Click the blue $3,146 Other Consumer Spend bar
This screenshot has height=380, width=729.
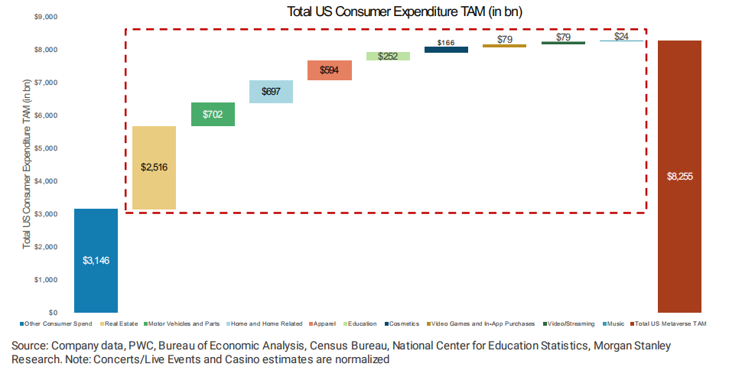(96, 260)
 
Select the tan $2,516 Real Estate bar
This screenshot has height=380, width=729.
(154, 167)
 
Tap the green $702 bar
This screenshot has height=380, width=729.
(213, 114)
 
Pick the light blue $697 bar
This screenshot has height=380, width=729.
(271, 92)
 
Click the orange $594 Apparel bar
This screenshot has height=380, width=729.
(329, 70)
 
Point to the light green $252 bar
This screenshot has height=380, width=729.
(387, 56)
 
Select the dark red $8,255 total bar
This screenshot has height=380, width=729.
(679, 176)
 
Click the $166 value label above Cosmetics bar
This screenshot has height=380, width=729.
(446, 42)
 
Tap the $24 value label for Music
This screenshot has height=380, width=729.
(621, 36)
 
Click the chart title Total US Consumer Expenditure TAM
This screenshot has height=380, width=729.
(405, 11)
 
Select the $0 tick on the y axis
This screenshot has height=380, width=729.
(53, 313)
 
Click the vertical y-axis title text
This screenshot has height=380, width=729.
(27, 164)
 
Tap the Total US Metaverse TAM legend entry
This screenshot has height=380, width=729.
(672, 324)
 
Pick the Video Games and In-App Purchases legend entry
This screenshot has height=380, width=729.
(482, 324)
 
